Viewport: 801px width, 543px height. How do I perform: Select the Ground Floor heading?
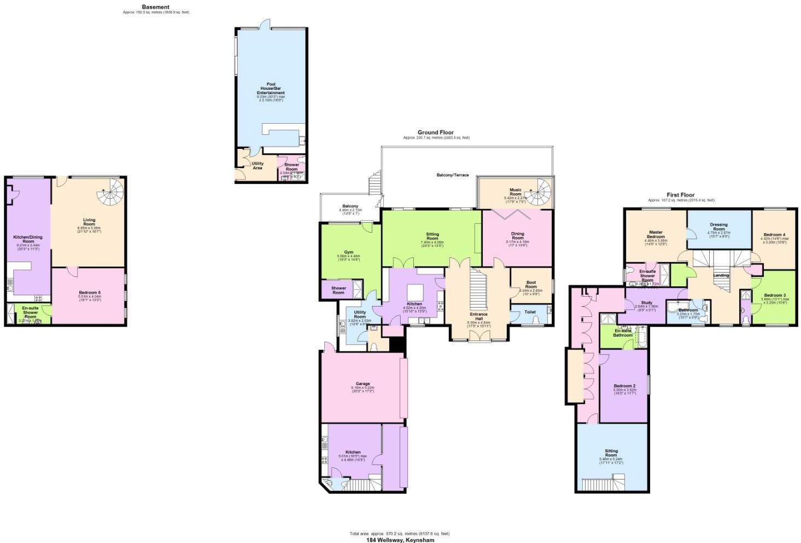(x=436, y=132)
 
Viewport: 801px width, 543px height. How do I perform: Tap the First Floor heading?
(x=680, y=195)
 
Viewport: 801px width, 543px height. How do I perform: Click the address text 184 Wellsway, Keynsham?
(x=400, y=539)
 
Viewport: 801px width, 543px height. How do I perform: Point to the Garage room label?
(x=362, y=384)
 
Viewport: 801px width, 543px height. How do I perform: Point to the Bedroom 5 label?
(x=89, y=292)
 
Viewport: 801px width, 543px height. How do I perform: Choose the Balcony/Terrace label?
(x=452, y=175)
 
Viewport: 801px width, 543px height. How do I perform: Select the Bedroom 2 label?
(x=624, y=385)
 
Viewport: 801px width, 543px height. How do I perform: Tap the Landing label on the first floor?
(x=721, y=275)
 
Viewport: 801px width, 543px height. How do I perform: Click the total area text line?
(x=400, y=533)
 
